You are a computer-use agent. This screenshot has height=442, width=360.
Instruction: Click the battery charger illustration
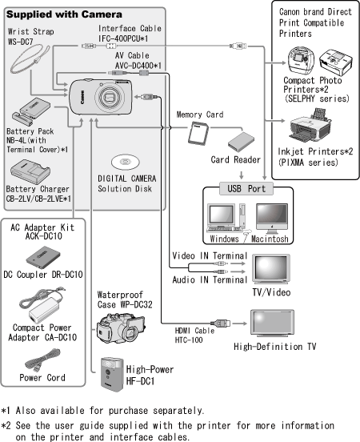30,171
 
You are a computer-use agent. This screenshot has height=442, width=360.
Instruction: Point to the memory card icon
198,134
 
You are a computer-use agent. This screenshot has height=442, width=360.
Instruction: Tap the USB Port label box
246,188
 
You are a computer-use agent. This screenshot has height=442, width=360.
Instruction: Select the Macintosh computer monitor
272,216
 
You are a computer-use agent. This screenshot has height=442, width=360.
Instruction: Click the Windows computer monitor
221,215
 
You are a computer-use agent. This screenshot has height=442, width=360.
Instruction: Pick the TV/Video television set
270,269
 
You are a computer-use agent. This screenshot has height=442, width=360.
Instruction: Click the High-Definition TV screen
272,323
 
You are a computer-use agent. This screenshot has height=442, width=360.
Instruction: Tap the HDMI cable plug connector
220,323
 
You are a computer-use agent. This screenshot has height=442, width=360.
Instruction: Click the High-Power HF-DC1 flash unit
112,375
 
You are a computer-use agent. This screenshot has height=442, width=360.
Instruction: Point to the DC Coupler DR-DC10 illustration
43,257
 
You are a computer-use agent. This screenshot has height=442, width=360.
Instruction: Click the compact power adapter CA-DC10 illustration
42,305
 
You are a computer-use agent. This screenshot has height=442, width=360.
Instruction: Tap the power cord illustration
42,360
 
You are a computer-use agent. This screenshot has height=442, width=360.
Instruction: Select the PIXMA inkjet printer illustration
310,127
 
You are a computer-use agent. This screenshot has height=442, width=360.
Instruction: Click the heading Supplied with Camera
64,14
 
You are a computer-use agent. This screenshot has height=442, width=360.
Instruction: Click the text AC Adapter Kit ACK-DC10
42,231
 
